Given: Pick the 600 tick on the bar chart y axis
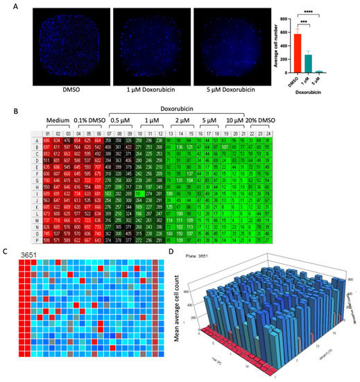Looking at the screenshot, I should tap(305, 34).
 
